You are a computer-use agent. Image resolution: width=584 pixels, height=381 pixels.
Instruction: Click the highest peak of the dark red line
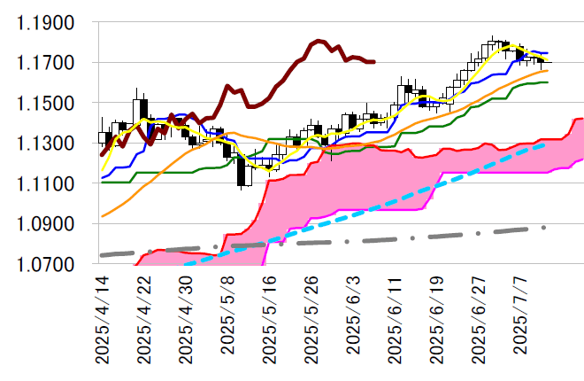pos(319,40)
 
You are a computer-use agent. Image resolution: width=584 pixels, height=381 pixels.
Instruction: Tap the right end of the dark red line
pos(374,62)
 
